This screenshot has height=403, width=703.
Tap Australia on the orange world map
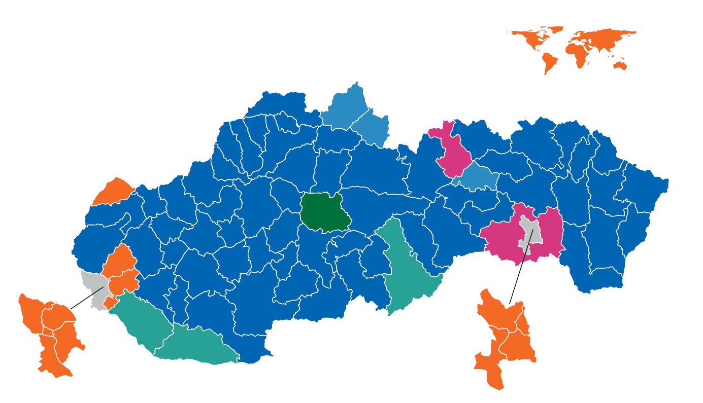pos(620,65)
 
